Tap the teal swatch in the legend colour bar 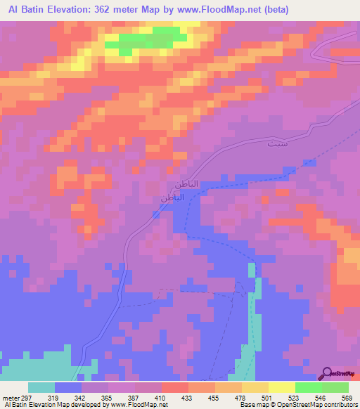point(41,388)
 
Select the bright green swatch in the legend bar point(309,388)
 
